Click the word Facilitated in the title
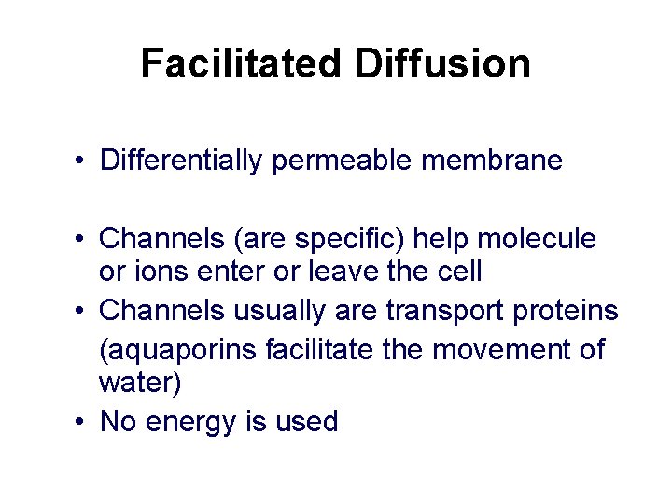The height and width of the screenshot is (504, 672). click(242, 64)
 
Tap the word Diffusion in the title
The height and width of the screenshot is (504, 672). click(442, 64)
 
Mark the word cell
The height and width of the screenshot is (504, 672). click(459, 272)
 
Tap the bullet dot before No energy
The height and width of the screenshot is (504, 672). click(82, 422)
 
